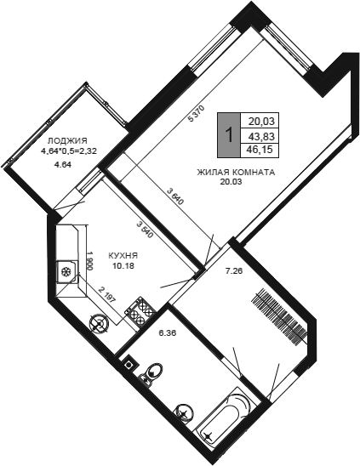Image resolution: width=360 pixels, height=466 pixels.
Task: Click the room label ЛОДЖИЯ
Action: pos(67,140)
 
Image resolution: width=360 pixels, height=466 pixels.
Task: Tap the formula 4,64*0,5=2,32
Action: pos(69,151)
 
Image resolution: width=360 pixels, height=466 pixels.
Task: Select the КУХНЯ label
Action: pos(123,255)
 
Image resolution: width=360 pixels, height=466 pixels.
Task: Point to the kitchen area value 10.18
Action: pos(123,265)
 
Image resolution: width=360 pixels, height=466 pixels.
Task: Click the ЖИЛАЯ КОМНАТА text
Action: pos(236,172)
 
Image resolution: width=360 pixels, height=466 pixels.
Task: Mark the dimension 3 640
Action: pos(175,197)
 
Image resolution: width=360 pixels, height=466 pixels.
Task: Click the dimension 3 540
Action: pos(145,230)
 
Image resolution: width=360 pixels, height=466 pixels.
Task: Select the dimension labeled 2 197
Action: pos(106,295)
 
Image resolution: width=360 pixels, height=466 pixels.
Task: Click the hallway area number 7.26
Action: pos(232,270)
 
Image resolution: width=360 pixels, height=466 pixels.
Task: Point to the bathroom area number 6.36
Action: pos(168,333)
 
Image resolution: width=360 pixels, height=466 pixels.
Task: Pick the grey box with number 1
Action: pos(228,135)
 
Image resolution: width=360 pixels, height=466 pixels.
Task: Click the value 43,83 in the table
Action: pos(261,136)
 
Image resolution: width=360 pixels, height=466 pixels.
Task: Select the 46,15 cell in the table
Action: pos(261,149)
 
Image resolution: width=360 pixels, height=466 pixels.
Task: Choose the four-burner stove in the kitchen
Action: pos(140,311)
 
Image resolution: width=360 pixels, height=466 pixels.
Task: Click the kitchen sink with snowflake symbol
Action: pos(67,272)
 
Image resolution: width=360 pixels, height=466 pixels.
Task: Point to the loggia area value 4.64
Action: pos(62,165)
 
